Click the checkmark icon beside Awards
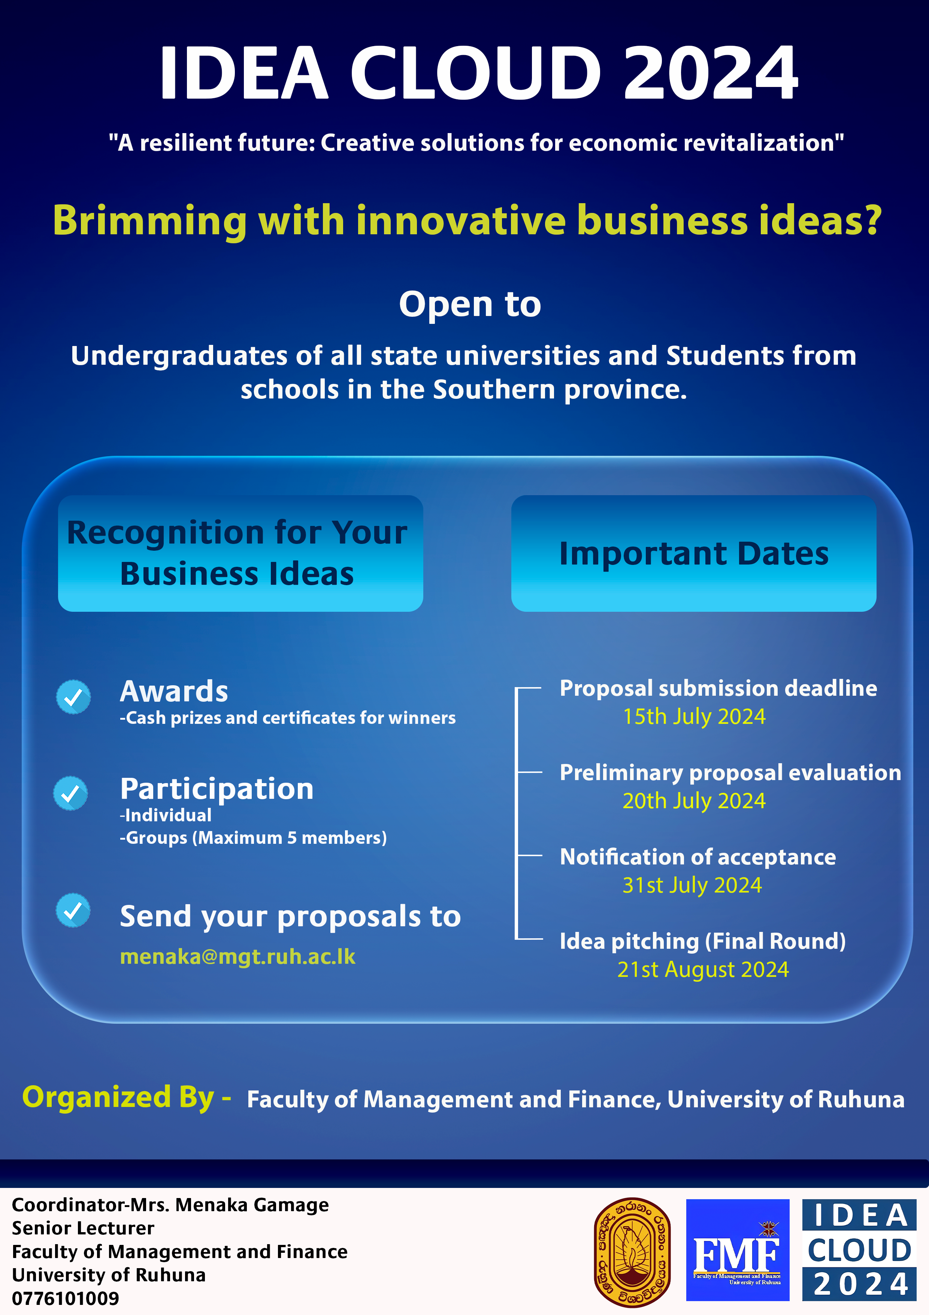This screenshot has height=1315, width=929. pyautogui.click(x=73, y=697)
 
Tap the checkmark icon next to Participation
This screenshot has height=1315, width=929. pyautogui.click(x=70, y=793)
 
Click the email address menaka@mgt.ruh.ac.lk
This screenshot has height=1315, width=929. pyautogui.click(x=237, y=957)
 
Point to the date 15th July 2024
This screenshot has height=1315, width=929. pyautogui.click(x=694, y=716)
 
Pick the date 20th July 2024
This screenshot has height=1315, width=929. pyautogui.click(x=694, y=801)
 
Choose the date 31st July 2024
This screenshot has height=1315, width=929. pyautogui.click(x=692, y=885)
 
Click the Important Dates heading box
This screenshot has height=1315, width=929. pyautogui.click(x=694, y=553)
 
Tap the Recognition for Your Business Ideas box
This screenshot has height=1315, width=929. pyautogui.click(x=240, y=553)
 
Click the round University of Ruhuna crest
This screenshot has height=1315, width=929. pyautogui.click(x=632, y=1252)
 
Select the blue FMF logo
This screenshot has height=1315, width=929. pyautogui.click(x=738, y=1250)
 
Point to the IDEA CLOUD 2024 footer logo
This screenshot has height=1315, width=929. pyautogui.click(x=859, y=1250)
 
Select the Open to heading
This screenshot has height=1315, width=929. pyautogui.click(x=470, y=304)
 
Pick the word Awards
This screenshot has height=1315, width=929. pyautogui.click(x=174, y=691)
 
